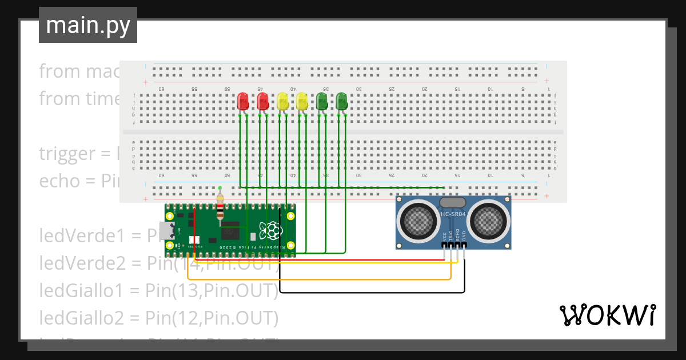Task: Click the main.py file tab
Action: click(87, 25)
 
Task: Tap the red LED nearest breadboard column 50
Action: click(243, 102)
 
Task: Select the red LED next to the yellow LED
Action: click(263, 102)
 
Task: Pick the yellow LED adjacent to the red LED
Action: click(282, 102)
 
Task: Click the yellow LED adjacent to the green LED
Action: click(302, 102)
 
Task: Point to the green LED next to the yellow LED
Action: click(322, 102)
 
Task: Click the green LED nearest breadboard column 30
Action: click(341, 102)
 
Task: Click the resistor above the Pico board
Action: click(221, 206)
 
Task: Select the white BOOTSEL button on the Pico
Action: click(193, 241)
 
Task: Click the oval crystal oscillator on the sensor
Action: click(453, 202)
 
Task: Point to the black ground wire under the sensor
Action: click(372, 292)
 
